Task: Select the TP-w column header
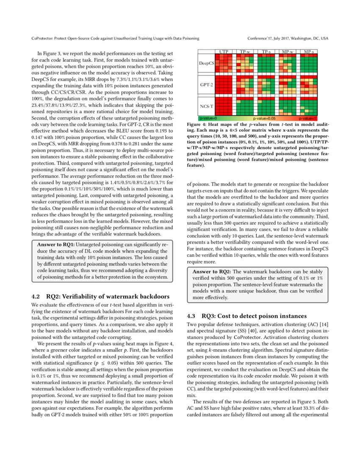pos(245,52)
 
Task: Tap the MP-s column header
pos(309,52)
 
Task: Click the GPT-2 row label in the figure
pos(206,84)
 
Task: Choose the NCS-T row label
pos(206,105)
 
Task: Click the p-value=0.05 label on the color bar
pos(264,118)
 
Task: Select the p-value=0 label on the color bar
pos(208,118)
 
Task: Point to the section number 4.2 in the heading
pos(36,296)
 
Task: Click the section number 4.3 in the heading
pos(191,316)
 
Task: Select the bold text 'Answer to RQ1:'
pos(53,245)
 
